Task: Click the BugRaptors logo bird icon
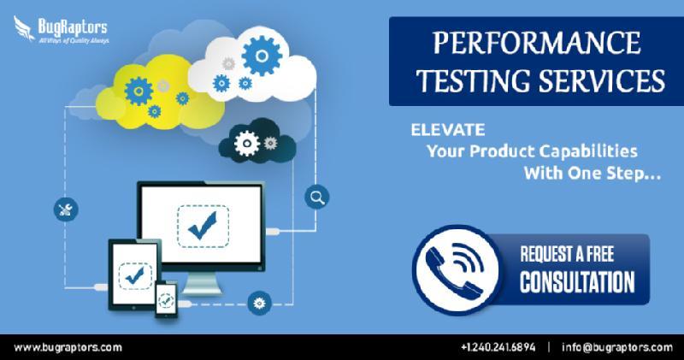point(24,28)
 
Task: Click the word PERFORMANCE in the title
point(537,43)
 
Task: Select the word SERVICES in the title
point(602,80)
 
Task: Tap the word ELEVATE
point(447,130)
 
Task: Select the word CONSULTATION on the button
point(577,282)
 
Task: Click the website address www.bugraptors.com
point(68,348)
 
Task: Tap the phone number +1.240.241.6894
point(498,347)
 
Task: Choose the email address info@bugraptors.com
point(616,347)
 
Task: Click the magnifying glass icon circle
point(316,198)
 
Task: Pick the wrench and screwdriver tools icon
point(66,210)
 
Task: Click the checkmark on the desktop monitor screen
point(203,226)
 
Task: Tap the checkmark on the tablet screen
point(135,275)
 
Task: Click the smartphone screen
point(166,299)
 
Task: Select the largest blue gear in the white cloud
point(262,56)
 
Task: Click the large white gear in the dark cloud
point(247,144)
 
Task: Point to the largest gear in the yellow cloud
point(139,91)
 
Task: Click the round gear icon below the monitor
point(260,303)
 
